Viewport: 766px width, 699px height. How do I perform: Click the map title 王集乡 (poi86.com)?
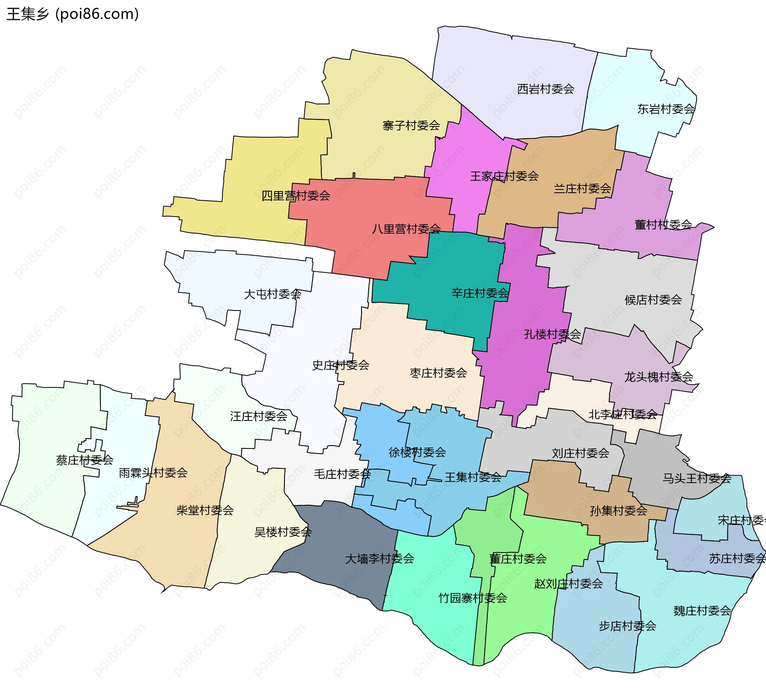(73, 14)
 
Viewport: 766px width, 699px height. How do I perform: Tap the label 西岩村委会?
(545, 89)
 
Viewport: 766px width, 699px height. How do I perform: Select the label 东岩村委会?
(666, 109)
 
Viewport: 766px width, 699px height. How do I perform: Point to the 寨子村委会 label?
(411, 126)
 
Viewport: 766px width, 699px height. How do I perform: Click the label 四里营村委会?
(296, 196)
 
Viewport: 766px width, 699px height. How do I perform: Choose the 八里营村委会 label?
(406, 229)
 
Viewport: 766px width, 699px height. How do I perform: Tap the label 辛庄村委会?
(480, 293)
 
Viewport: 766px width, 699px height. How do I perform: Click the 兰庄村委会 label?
(582, 189)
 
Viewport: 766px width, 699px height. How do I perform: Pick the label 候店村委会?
(653, 300)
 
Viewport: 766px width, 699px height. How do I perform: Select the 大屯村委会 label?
(272, 294)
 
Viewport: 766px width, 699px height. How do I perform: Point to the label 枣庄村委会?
(438, 373)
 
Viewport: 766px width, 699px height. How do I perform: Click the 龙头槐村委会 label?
(658, 377)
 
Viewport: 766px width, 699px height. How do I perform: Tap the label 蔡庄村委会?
(85, 460)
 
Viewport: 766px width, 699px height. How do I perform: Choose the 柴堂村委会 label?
(205, 510)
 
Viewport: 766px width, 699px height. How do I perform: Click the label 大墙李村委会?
(379, 559)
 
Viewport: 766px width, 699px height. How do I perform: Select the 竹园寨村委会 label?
(473, 598)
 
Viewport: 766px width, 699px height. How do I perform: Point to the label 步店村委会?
(627, 626)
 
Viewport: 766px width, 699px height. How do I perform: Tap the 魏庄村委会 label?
(702, 611)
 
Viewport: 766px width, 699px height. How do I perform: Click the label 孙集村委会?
(618, 511)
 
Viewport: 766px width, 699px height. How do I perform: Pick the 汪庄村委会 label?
(259, 417)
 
